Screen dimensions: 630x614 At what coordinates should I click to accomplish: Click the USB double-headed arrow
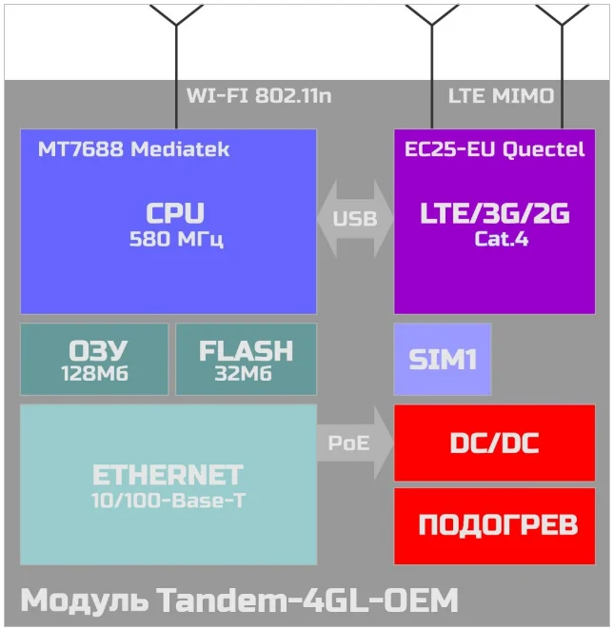coord(354,218)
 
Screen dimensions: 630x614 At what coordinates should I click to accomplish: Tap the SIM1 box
coord(442,359)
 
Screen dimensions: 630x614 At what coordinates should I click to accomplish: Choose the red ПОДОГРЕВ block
coord(494,524)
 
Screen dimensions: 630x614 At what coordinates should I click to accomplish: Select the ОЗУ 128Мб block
coord(93,359)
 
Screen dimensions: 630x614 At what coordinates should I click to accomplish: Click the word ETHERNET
coord(168,475)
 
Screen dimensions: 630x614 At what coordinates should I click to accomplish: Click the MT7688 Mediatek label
coord(133,149)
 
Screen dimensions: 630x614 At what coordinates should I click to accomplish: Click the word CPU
coord(175,213)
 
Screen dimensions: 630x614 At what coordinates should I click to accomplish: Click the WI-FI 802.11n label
coord(259,96)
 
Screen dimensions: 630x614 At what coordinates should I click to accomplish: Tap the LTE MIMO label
coord(501,96)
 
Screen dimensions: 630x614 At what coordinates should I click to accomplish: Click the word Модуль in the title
coord(84,601)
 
